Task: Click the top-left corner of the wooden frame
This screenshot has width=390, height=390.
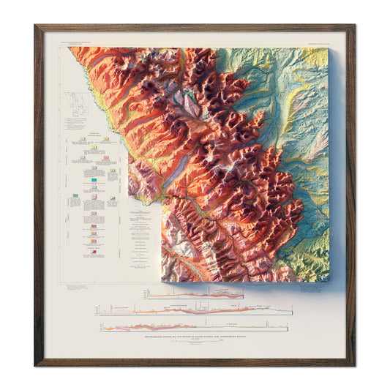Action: pos(35,26)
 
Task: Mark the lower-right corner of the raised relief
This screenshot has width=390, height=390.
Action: pos(326,281)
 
